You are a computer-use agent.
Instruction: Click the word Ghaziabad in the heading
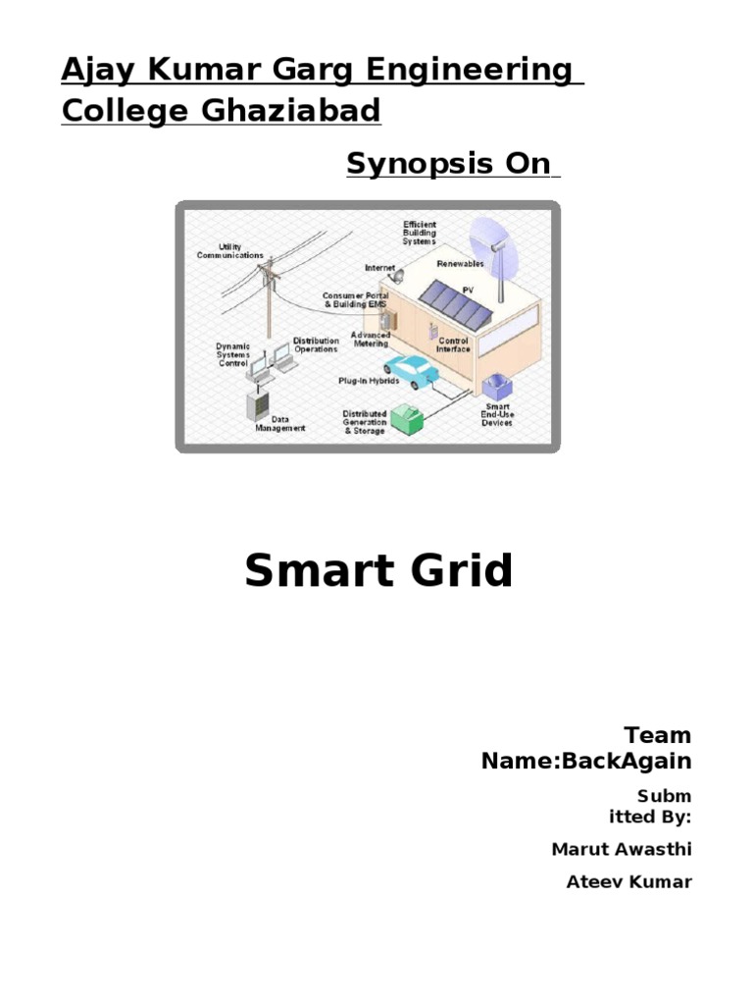click(x=290, y=111)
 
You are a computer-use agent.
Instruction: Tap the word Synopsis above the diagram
click(x=408, y=164)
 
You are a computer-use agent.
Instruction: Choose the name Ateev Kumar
click(x=628, y=881)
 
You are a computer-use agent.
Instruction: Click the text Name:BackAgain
click(x=586, y=761)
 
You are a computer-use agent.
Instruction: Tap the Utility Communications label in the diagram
click(x=229, y=251)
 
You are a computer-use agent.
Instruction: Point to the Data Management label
click(x=279, y=423)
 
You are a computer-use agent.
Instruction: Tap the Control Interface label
click(x=452, y=344)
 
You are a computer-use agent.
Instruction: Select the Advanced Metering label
click(x=371, y=339)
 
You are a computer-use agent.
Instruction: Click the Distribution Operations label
click(x=316, y=345)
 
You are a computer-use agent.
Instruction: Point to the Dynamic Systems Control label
click(x=233, y=354)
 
